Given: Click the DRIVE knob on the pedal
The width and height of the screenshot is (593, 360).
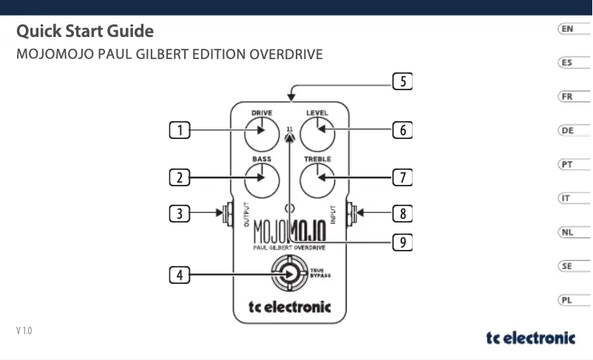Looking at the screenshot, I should (x=261, y=132).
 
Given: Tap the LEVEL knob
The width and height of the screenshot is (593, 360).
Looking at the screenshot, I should (x=317, y=132).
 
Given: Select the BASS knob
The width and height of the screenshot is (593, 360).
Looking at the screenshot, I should (x=261, y=177).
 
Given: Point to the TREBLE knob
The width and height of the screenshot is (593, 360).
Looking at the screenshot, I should (x=317, y=177).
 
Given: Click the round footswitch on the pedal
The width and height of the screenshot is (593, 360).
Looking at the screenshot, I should (x=289, y=274).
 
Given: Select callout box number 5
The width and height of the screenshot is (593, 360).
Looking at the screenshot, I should (x=401, y=82).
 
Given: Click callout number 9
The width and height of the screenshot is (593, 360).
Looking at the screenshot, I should (x=401, y=242).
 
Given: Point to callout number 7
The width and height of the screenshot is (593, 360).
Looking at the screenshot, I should (x=401, y=177).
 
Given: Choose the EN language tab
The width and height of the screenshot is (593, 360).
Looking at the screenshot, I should (x=566, y=29).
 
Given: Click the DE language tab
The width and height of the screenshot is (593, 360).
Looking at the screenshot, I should (x=566, y=131).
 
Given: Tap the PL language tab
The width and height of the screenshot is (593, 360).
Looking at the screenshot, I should (x=566, y=300).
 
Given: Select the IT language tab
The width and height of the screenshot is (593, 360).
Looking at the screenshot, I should (x=566, y=198).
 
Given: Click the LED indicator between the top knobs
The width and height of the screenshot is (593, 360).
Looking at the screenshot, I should (x=290, y=138).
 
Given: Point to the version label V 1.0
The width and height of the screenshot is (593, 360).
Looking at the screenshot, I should (x=24, y=330).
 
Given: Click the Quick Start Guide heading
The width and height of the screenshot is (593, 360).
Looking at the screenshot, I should (x=85, y=32).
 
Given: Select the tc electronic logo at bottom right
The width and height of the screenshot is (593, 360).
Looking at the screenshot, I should (x=530, y=338).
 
